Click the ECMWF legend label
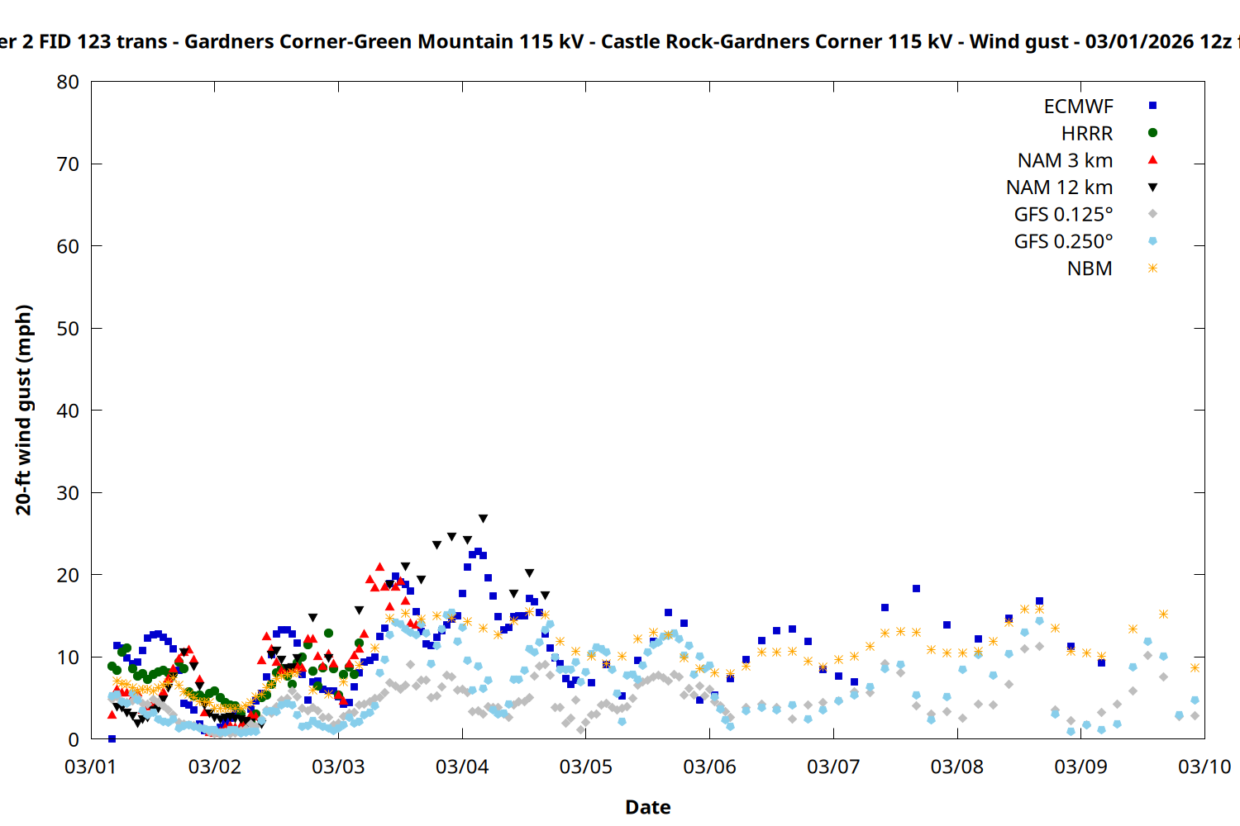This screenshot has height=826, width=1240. (1078, 107)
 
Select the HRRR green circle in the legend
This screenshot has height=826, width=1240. (1152, 133)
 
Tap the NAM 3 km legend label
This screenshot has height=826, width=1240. (1065, 160)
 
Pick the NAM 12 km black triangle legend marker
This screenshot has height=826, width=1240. (1152, 188)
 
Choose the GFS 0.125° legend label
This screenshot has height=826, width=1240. (1063, 215)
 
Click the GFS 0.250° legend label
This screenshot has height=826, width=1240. (1063, 242)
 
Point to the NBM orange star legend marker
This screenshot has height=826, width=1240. (1152, 268)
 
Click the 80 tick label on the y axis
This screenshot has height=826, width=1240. (68, 82)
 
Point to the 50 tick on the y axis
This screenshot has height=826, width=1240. (68, 328)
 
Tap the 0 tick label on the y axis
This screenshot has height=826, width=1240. (74, 739)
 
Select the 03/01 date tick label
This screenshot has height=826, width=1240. (91, 767)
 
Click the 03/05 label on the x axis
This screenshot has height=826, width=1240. (586, 767)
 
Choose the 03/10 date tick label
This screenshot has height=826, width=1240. (1204, 767)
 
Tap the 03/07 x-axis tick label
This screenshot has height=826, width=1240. (833, 767)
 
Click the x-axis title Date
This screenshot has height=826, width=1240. (647, 807)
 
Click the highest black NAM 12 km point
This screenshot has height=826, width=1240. (483, 519)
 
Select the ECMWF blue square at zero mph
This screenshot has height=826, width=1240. (112, 738)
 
